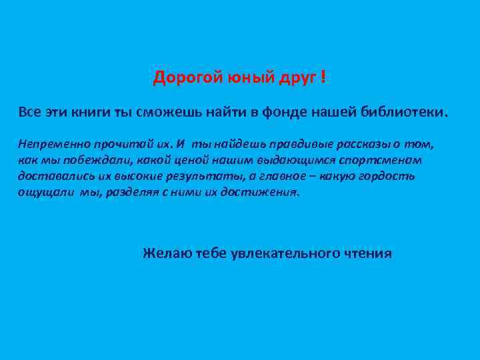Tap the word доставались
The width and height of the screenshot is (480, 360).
tap(49, 176)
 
